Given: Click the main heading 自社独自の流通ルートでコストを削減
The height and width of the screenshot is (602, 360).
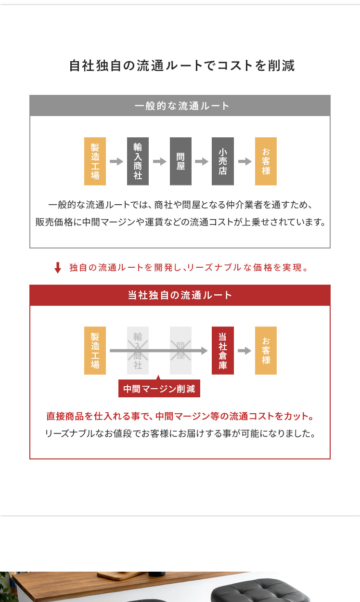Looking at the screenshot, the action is point(182,66).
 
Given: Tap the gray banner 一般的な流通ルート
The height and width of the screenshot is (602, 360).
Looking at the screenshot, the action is point(180,105).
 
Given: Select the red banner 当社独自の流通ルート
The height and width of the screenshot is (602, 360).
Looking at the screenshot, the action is point(180,295).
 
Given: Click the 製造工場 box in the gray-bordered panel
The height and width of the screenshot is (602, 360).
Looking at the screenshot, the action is point(95,161).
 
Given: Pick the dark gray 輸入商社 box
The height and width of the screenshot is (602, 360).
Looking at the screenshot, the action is point(138,161).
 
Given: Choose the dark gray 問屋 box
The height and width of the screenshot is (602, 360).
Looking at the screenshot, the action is point(180,161).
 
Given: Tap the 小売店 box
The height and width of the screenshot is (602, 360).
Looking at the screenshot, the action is point(223,161).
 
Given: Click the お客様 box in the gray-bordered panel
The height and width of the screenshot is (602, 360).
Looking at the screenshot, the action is point(266,161).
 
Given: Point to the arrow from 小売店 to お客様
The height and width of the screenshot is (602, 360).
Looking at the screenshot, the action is point(245,161).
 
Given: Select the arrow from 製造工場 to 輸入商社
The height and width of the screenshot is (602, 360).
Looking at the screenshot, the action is point(116,161).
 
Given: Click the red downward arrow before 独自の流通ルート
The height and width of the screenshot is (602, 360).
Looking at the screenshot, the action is point(57,268).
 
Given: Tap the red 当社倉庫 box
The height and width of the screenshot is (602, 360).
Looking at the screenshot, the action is point(223,351).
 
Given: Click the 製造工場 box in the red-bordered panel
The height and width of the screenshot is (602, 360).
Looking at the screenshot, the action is point(95,351).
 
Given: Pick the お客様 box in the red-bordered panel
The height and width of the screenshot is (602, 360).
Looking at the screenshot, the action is point(266,351).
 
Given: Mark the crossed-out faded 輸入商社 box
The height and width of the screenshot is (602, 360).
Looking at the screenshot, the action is point(138,351).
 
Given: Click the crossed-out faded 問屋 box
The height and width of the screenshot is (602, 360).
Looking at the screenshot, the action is point(180,351).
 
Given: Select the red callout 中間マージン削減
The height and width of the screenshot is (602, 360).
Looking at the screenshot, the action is point(159,388).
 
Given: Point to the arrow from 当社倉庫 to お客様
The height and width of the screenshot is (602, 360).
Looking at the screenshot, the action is point(244,351).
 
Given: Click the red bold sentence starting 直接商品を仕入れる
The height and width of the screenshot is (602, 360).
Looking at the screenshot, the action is point(180,416).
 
